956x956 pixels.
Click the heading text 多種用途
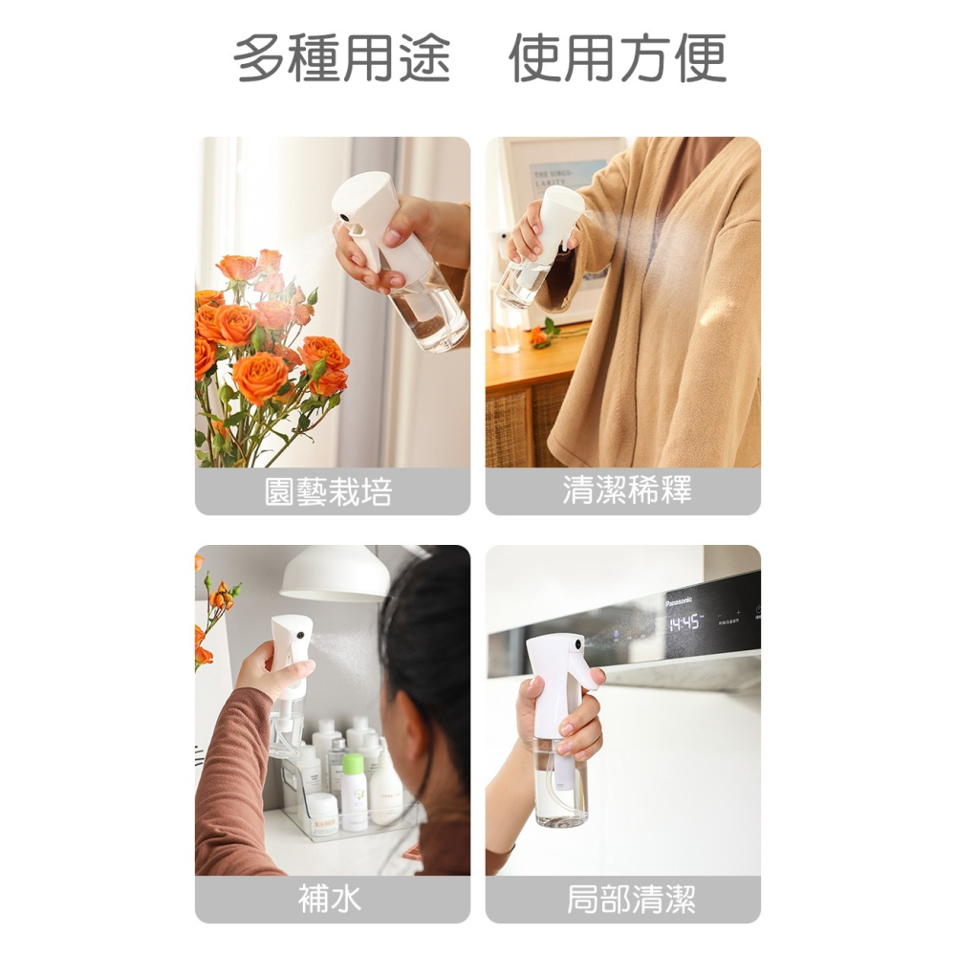tap(341, 58)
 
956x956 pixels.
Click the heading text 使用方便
tap(618, 58)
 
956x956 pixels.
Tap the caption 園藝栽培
tap(328, 492)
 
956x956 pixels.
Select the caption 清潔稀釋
tap(627, 490)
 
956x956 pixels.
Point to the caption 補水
tap(330, 900)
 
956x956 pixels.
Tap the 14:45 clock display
tap(684, 623)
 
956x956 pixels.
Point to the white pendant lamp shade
tap(335, 574)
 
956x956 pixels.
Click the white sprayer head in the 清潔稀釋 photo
tap(562, 210)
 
